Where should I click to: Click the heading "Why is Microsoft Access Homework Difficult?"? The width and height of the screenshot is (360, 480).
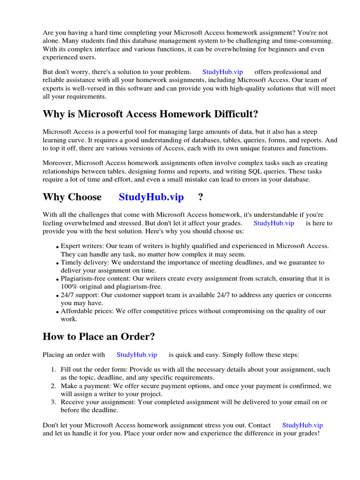point(150,114)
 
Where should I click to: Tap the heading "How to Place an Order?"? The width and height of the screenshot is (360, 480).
point(98,337)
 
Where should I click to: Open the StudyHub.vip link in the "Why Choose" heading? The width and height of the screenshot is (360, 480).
point(151,197)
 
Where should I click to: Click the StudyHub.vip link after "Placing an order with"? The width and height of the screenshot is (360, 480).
point(136,355)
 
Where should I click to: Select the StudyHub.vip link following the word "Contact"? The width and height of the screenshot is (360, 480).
point(302,425)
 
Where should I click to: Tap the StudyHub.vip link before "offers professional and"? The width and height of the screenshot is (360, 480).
point(222,72)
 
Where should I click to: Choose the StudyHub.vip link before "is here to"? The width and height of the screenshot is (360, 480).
point(274,223)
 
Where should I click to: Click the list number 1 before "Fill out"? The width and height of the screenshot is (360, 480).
point(53,370)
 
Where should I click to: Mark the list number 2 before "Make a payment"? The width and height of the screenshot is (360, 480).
point(53,386)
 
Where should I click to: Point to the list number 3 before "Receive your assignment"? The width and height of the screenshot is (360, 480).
point(53,402)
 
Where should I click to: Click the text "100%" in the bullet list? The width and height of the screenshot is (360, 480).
point(68,286)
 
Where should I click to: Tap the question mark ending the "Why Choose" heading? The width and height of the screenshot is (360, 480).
point(201,197)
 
